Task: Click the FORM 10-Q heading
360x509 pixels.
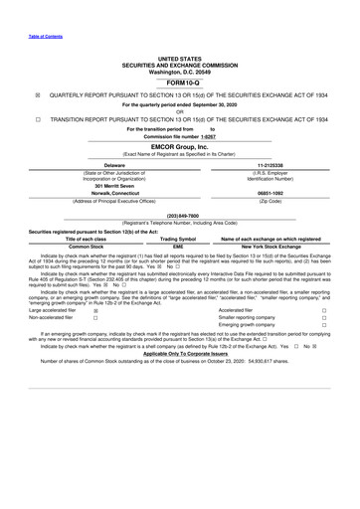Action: point(179,83)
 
